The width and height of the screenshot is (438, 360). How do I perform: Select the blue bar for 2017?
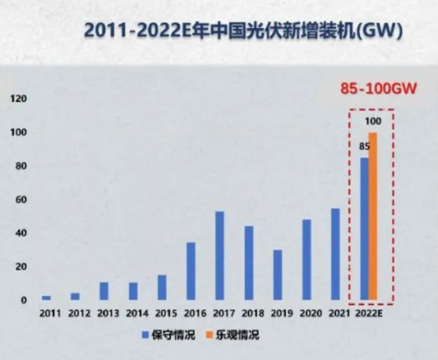coord(219,256)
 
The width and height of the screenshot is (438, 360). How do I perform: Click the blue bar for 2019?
coord(277,275)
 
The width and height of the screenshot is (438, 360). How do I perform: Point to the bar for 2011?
coord(47,298)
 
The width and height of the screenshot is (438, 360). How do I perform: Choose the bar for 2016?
coord(191,271)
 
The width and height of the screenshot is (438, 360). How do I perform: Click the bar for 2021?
coord(335,254)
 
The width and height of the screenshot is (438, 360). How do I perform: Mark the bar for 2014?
coord(133,291)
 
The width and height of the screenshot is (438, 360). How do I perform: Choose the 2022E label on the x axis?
coord(368,313)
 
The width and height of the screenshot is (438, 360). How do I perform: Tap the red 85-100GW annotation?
coord(378,88)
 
